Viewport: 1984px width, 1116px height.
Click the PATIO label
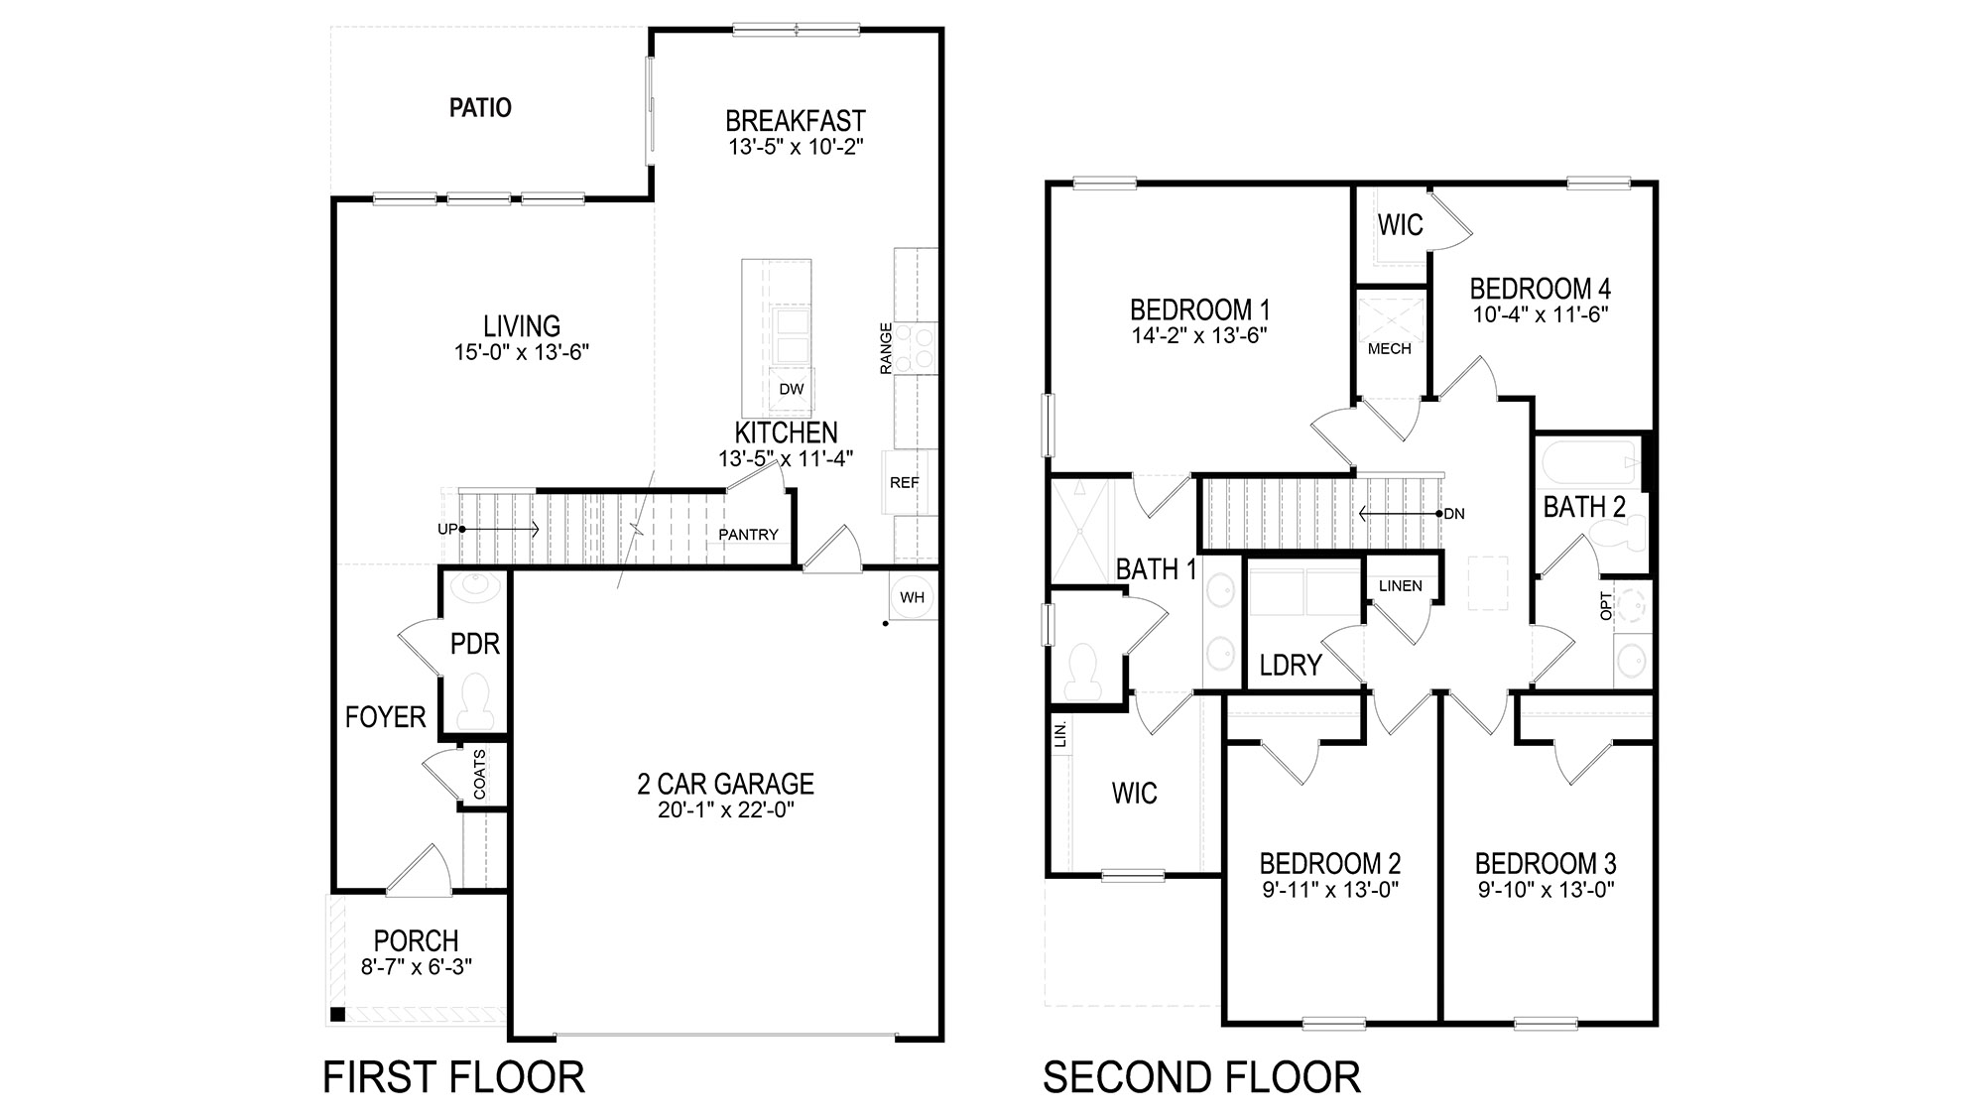pyautogui.click(x=480, y=107)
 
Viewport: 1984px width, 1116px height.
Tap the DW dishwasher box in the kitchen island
pyautogui.click(x=791, y=390)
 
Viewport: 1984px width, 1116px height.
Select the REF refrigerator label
pyautogui.click(x=904, y=483)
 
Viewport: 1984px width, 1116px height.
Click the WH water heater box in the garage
pyautogui.click(x=912, y=597)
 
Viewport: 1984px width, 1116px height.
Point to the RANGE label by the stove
pyautogui.click(x=886, y=348)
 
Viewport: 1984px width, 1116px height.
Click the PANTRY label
pyautogui.click(x=748, y=535)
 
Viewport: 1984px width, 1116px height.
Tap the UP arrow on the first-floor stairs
pyautogui.click(x=448, y=530)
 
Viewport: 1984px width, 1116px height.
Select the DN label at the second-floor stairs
pyautogui.click(x=1454, y=514)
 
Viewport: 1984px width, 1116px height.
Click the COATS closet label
pyautogui.click(x=480, y=774)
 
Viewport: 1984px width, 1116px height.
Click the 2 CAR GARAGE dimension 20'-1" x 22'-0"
pyautogui.click(x=726, y=810)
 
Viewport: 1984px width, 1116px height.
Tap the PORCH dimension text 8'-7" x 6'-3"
pyautogui.click(x=416, y=967)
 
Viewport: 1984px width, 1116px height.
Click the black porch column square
pyautogui.click(x=338, y=1014)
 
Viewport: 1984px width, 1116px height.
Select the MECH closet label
pyautogui.click(x=1389, y=349)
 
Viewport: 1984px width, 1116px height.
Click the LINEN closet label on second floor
pyautogui.click(x=1400, y=585)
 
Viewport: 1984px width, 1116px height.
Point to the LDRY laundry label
pyautogui.click(x=1290, y=665)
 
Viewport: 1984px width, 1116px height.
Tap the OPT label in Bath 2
pyautogui.click(x=1606, y=606)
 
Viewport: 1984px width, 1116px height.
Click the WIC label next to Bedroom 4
pyautogui.click(x=1400, y=225)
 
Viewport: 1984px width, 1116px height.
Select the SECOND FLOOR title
pyautogui.click(x=1201, y=1077)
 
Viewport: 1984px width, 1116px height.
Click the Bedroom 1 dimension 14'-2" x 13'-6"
pyautogui.click(x=1199, y=336)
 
